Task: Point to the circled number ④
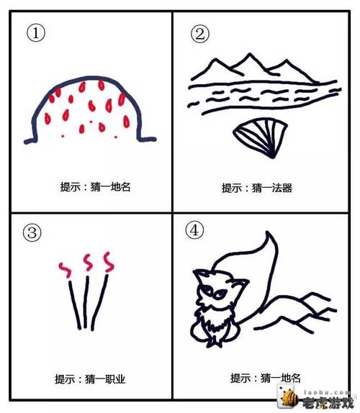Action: [x=194, y=230]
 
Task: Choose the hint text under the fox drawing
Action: [x=264, y=377]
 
